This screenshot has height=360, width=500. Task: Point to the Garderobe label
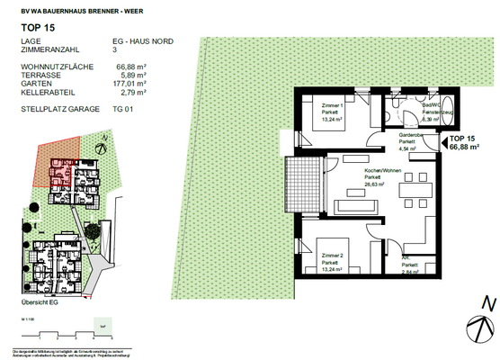point(411,134)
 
